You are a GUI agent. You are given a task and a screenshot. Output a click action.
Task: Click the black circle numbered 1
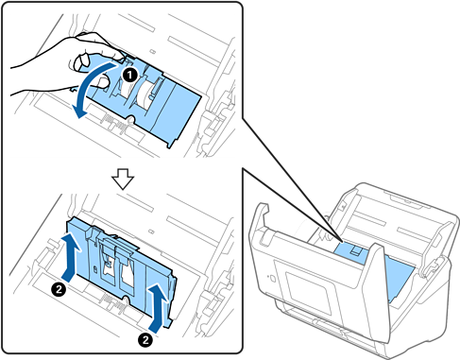click(x=130, y=75)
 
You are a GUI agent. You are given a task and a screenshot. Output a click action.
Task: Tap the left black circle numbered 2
click(x=59, y=289)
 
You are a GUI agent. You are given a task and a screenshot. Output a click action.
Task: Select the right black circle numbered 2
click(x=145, y=340)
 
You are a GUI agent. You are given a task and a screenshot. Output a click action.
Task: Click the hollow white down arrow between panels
click(x=123, y=180)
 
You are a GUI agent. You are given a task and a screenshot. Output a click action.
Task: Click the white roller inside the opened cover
click(x=145, y=94)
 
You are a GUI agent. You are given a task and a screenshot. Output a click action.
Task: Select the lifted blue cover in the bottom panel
click(x=121, y=271)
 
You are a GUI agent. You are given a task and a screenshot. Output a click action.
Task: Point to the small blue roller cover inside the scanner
click(x=350, y=253)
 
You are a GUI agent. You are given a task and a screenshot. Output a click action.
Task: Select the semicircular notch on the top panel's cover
click(x=131, y=118)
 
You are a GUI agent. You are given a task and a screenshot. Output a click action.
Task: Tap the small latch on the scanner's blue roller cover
click(x=356, y=250)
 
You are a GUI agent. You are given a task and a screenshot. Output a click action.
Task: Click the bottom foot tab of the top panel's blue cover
click(x=170, y=144)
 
